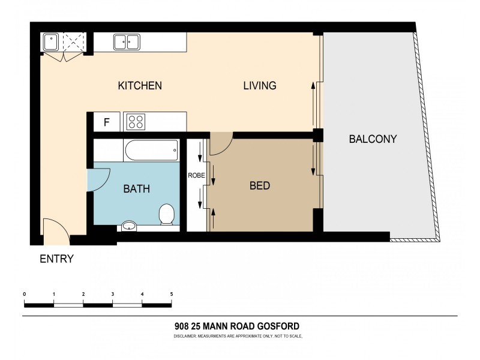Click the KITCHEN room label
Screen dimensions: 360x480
(139, 85)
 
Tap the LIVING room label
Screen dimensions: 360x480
(259, 85)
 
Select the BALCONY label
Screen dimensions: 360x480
(373, 139)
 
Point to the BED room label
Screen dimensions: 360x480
(259, 185)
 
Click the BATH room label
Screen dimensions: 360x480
(136, 189)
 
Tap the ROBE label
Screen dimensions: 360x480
(197, 176)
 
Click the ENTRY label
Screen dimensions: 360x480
(56, 259)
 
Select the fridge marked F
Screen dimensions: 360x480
(107, 122)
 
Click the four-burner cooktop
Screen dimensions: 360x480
(136, 122)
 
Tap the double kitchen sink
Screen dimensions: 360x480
(127, 41)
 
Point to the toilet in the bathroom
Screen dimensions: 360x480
(167, 214)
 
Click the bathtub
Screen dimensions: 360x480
(151, 150)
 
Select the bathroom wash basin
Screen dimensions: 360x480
(128, 226)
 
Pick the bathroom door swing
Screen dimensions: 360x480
(98, 179)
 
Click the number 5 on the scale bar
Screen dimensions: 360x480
(172, 294)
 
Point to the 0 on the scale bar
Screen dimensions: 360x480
(24, 294)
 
